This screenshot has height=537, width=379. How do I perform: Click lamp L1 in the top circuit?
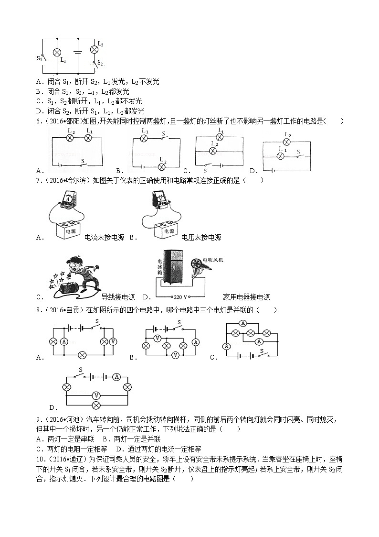[57, 52]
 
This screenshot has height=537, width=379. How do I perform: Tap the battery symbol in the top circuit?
[78, 52]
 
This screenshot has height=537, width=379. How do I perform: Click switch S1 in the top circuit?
[42, 57]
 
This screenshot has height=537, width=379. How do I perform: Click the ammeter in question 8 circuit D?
[115, 377]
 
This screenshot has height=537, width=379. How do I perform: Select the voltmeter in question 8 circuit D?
[97, 395]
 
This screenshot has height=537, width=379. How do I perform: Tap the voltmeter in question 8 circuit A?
[113, 341]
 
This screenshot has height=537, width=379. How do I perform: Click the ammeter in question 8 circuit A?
[64, 341]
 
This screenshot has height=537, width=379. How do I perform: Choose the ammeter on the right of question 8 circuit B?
[195, 341]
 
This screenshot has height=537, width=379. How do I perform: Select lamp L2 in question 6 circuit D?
[286, 142]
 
